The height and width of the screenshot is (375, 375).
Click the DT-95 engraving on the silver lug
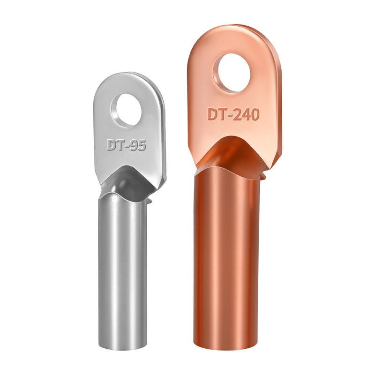pos(126,145)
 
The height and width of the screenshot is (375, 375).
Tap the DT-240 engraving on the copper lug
pos(233,114)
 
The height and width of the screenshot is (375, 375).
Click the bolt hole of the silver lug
pos(126,110)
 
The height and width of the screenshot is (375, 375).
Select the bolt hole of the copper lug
pos(232,73)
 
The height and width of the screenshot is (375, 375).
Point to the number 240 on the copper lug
pos(247,114)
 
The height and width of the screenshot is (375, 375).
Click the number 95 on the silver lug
pos(138,145)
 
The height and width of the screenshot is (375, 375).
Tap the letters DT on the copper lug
pos(217,114)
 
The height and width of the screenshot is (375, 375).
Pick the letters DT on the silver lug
pos(114,145)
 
